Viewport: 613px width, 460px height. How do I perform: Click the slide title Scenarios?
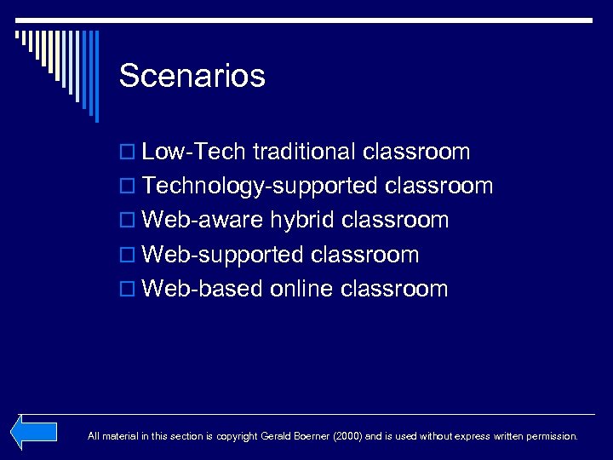(192, 77)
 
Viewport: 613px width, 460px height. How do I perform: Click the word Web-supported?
(223, 255)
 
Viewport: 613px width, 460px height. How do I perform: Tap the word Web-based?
(203, 289)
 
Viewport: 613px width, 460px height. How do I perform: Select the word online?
(301, 289)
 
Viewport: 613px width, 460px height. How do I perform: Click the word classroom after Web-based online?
(393, 289)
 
